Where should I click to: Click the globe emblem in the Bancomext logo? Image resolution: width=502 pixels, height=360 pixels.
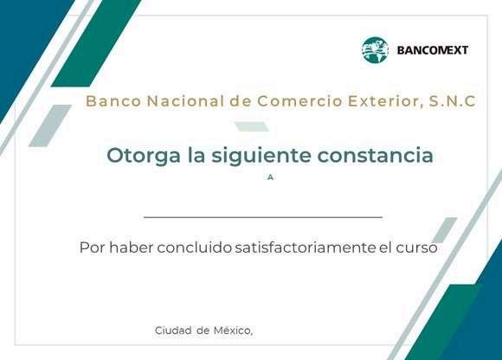[x=375, y=50]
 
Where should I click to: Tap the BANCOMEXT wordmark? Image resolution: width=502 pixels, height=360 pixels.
[x=433, y=50]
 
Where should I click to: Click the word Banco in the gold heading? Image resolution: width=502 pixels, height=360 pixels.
[x=113, y=101]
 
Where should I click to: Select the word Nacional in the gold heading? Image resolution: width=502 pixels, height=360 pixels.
[x=185, y=101]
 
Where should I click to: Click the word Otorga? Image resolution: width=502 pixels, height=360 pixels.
[x=144, y=156]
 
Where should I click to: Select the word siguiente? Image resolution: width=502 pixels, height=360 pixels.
[x=261, y=156]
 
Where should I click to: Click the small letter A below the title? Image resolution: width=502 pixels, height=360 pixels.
[x=271, y=177]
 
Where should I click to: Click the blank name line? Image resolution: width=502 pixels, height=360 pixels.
[x=263, y=217]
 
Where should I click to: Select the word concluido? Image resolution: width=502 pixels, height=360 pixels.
[x=195, y=247]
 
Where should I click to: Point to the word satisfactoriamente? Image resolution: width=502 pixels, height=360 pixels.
[x=306, y=247]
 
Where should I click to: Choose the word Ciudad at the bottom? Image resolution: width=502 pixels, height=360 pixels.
[x=173, y=331]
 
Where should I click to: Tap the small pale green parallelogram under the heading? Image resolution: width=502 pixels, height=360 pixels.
[x=252, y=126]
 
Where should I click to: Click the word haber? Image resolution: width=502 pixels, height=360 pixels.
[x=131, y=247]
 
